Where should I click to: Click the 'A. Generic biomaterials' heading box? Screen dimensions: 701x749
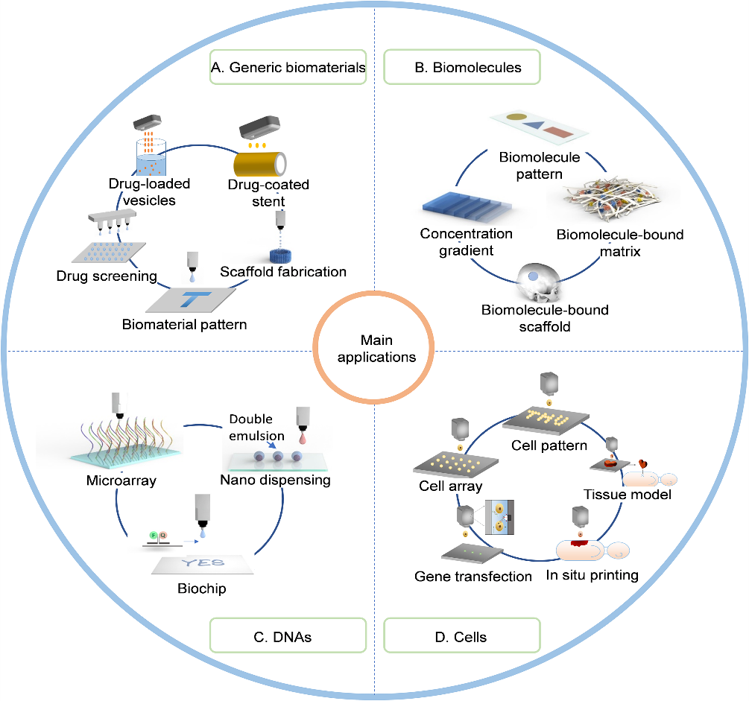coord(287,68)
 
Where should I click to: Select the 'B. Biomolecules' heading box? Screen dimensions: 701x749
coord(461,68)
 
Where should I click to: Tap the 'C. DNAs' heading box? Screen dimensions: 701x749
coord(287,637)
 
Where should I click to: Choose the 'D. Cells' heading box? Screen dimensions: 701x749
coord(461,637)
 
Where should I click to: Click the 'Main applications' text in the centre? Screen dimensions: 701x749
coord(376,348)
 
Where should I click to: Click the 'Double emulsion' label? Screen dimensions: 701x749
coord(257,428)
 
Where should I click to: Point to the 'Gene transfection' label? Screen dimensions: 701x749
coord(473,576)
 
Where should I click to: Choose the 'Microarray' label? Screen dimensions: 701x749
coord(121,480)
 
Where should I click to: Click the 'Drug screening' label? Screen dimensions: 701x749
coord(107,276)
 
